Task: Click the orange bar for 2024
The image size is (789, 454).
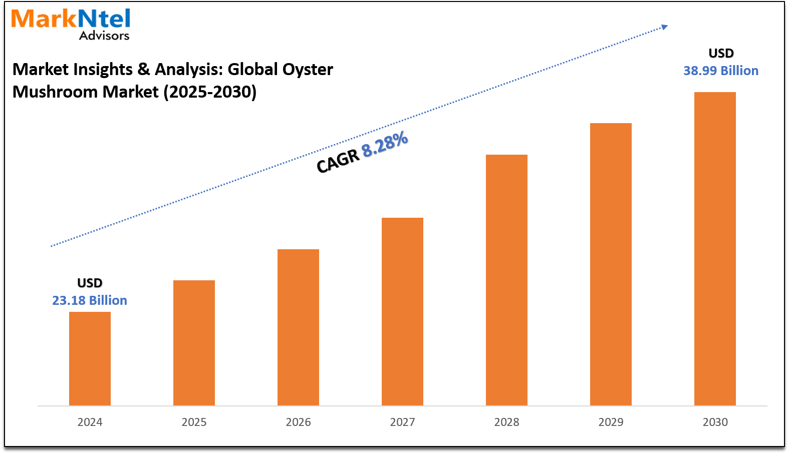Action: pos(90,358)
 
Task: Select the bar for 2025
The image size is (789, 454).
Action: pos(194,343)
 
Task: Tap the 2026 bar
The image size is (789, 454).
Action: pos(298,327)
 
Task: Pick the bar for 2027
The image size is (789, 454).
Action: pos(402,311)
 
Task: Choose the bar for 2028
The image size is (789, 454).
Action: pos(506,280)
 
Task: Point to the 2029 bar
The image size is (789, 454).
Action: pos(611,264)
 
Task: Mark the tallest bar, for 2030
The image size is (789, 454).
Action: pos(715,249)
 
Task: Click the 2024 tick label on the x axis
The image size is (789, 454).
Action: pos(90,422)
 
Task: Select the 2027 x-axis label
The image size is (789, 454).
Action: pos(402,422)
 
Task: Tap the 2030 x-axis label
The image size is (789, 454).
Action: pos(715,422)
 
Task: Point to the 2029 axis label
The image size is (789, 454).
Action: pos(611,422)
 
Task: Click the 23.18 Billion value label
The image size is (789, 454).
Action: pos(90,300)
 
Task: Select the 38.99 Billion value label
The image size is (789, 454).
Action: pos(721,71)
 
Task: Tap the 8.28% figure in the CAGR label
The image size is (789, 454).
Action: pos(385,144)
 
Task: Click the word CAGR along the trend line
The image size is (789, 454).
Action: pos(338,161)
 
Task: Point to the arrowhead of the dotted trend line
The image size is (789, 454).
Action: pos(664,27)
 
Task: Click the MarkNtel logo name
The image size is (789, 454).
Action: pos(71,19)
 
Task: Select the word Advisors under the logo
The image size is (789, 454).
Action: pos(104,36)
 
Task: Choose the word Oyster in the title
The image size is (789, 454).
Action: pos(307,69)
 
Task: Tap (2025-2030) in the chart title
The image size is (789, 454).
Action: pos(210,92)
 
